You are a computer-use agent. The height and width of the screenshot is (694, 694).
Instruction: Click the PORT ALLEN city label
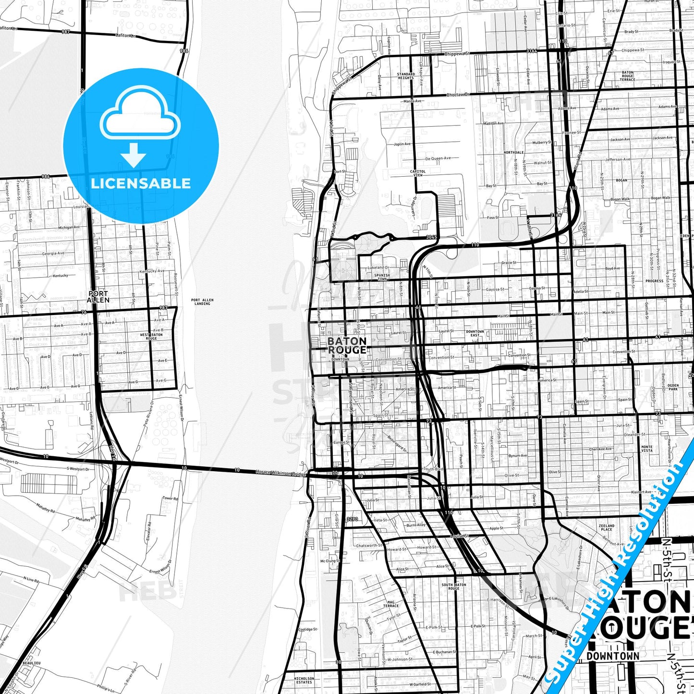point(98,296)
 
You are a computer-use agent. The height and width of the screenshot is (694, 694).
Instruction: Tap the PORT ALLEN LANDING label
point(202,302)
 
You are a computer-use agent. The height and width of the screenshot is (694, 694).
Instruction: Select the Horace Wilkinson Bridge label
point(280,473)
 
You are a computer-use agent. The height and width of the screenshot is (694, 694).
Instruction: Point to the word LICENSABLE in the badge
point(141,183)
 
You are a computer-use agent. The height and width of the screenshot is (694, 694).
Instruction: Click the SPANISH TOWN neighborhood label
point(382,277)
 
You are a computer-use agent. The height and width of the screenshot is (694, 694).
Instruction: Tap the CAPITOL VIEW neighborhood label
point(417,173)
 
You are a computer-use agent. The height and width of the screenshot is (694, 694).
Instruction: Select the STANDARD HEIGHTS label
point(405,76)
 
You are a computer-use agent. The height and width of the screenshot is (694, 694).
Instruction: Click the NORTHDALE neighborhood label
point(513,152)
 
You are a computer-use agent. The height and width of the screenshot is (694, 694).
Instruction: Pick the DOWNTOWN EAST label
point(475,333)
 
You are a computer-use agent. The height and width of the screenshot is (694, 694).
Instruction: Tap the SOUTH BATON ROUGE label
point(453,586)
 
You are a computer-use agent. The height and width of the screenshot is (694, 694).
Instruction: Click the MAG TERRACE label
point(391,604)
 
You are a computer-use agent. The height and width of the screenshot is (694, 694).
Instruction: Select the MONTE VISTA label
point(647,449)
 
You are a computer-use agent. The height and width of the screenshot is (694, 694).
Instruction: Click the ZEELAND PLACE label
point(607,527)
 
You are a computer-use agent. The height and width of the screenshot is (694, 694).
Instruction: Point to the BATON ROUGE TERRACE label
point(628,76)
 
